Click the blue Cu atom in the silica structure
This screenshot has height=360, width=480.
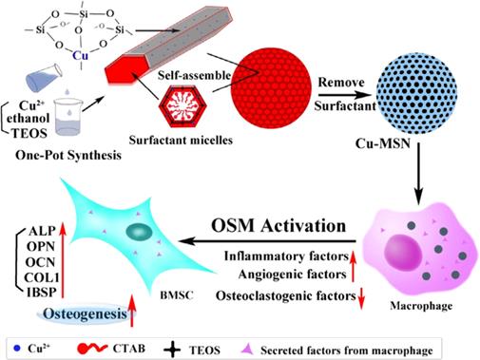coord(80,56)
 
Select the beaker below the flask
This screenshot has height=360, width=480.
coord(67,117)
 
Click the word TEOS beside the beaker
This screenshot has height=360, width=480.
coord(29,133)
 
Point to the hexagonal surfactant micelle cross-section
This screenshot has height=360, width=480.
coord(182,106)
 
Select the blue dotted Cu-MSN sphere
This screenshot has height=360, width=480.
coord(416,93)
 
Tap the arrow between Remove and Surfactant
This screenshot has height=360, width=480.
coord(345,94)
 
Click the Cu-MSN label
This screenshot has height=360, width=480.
coord(383,143)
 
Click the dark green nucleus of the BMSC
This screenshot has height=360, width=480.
coord(139,232)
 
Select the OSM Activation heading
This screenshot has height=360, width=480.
coord(278,226)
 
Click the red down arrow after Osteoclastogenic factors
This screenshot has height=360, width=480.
coord(361,299)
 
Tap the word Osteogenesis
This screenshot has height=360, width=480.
coord(86,313)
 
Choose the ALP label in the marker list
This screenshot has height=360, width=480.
coord(42,231)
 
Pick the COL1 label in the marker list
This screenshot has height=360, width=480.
coord(42,277)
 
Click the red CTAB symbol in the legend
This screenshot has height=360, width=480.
coord(92,349)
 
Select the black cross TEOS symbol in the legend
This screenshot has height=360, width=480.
coord(172,351)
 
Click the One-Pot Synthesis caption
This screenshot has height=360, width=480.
coord(68,156)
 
